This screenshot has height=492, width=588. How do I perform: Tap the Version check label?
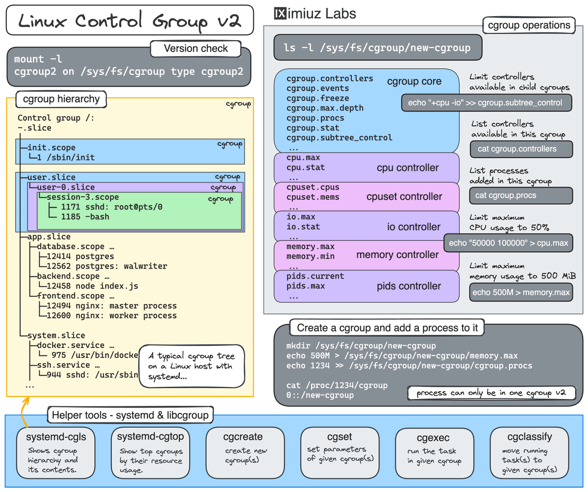[x=196, y=48]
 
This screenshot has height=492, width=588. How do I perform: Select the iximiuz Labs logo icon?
[x=280, y=13]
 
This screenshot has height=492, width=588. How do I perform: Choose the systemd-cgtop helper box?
[x=150, y=453]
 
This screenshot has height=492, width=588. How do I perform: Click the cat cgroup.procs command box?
[x=521, y=195]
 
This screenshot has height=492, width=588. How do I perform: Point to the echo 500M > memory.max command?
[x=521, y=293]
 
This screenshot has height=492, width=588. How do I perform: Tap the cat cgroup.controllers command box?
[x=521, y=149]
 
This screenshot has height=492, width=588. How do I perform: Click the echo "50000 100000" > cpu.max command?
[x=508, y=243]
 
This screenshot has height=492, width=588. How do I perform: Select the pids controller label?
[x=409, y=286]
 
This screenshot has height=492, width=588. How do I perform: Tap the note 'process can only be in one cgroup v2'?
[x=491, y=393]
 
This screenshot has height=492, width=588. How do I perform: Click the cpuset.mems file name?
[x=313, y=197]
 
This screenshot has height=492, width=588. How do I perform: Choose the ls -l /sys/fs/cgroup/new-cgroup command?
[x=377, y=47]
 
